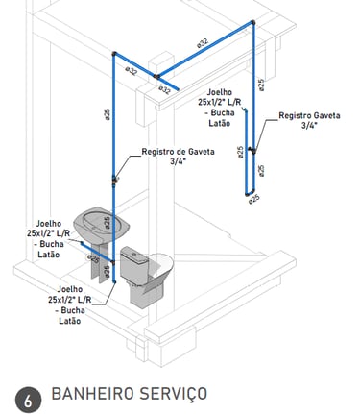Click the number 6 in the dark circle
point(28,401)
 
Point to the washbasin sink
point(102,224)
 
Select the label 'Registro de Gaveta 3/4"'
point(178,157)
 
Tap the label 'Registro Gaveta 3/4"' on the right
point(309,120)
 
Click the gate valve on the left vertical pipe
point(114,180)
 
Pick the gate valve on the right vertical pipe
point(253,150)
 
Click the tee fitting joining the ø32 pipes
point(156,77)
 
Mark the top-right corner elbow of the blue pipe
point(253,23)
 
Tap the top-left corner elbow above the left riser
point(114,54)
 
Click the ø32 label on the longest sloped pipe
point(203,42)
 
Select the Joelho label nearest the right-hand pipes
point(219,108)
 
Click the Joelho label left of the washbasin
point(48,239)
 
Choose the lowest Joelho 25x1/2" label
point(69,304)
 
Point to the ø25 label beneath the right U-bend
point(254,199)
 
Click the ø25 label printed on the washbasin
point(108,222)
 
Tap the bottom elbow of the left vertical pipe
point(114,281)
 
